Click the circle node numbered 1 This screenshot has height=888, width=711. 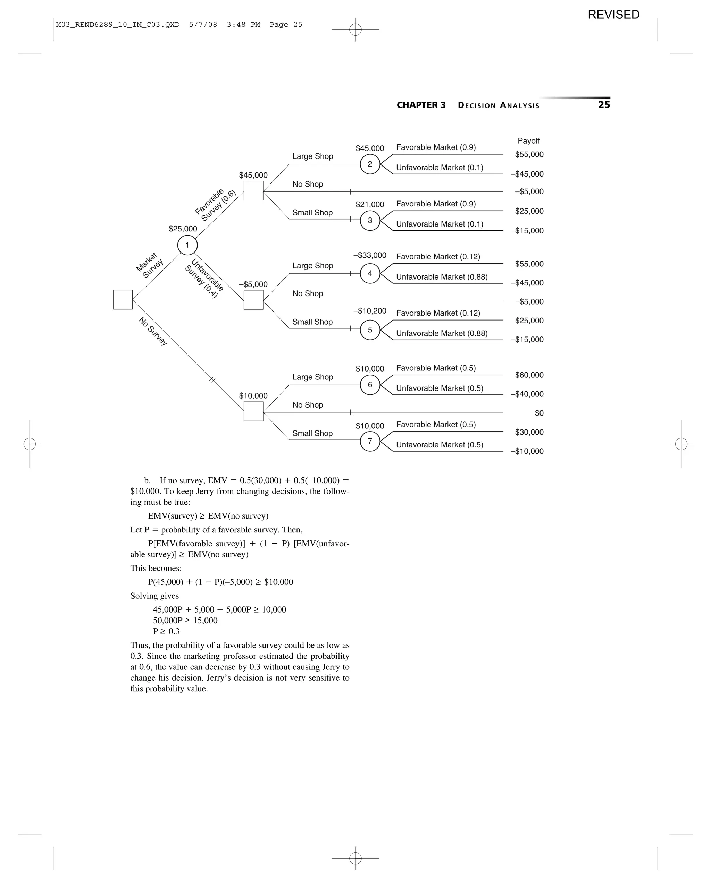[187, 246]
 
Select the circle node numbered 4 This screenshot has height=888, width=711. [370, 273]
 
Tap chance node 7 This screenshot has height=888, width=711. [370, 442]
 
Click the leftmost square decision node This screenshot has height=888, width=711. [123, 299]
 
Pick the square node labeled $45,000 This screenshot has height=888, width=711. [253, 191]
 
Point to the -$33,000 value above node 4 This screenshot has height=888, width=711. [370, 255]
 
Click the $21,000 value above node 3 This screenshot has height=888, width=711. [370, 205]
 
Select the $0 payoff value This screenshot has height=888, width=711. [539, 413]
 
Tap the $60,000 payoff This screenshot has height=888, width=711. [529, 375]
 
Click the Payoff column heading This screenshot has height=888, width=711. [529, 141]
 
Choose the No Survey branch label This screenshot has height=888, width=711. [153, 332]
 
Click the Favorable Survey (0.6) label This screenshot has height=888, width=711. [215, 205]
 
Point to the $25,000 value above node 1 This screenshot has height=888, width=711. [183, 229]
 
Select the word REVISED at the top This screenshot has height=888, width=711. [613, 15]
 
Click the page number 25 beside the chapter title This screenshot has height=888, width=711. [604, 105]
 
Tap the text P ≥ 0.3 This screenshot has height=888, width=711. [166, 631]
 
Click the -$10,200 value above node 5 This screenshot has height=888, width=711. [370, 311]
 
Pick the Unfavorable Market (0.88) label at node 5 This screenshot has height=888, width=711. [442, 334]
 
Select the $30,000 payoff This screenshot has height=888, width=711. [529, 433]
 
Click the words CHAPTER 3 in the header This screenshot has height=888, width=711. [421, 105]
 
